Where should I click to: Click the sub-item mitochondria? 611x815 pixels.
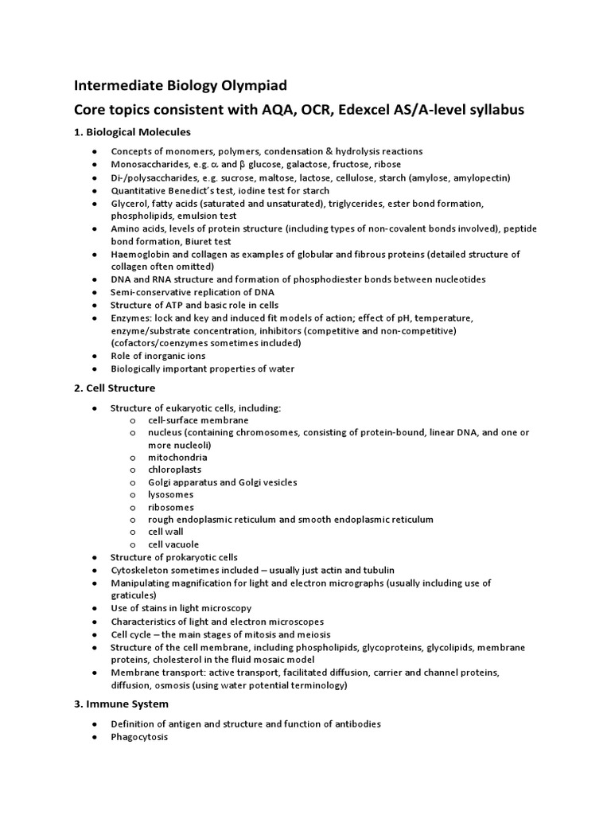pos(177,458)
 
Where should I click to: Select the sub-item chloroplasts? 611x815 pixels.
pos(175,470)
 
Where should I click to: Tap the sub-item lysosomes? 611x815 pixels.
pos(172,494)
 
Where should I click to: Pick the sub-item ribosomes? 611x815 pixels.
pos(171,507)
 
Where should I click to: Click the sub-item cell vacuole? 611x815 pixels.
pos(173,544)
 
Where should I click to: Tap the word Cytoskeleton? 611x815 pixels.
pos(140,570)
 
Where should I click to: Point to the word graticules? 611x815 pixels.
pos(134,595)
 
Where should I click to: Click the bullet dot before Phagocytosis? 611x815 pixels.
pos(95,737)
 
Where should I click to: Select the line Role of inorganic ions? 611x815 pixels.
pos(158,356)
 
